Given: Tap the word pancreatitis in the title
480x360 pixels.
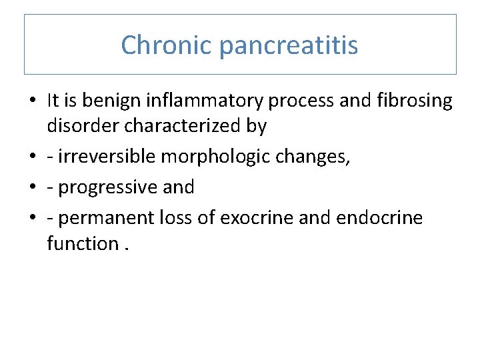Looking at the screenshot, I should [288, 46].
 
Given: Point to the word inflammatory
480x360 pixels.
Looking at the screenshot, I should [207, 101].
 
